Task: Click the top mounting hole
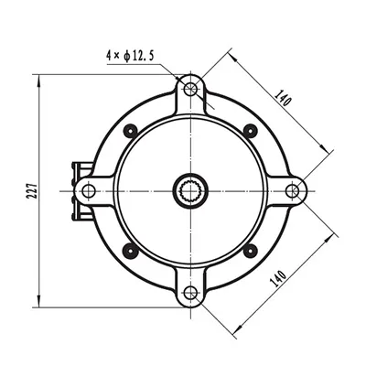190,88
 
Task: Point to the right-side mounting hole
292,190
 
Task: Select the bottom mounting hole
190,293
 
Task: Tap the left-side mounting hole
88,190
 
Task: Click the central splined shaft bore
190,190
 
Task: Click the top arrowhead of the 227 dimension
39,77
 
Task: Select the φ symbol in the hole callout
125,58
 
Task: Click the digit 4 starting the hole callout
108,58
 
